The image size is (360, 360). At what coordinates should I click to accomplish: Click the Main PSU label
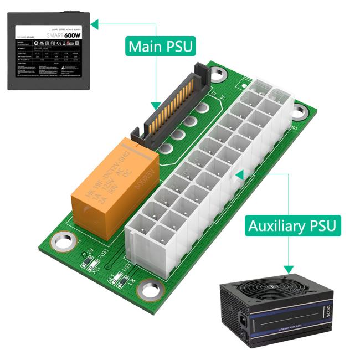tap(161, 46)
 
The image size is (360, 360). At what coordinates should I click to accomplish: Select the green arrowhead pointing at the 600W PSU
tap(94, 24)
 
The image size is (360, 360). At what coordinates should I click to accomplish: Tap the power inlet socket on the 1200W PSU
tap(243, 320)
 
